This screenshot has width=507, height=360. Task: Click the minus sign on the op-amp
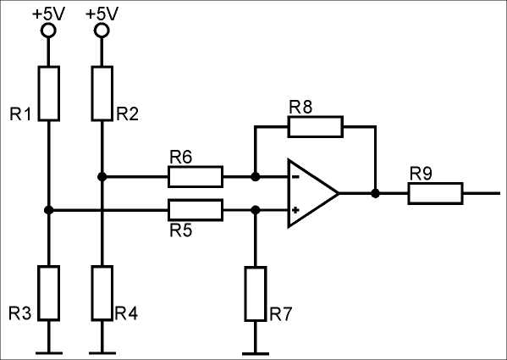pos(295,177)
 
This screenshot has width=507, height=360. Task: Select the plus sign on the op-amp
pos(295,210)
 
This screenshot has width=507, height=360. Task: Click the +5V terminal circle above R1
pos(48,30)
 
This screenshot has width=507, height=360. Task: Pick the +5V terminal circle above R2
pos(102,30)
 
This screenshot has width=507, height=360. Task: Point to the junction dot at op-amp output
pos(376,193)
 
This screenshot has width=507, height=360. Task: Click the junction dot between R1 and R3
pos(49,210)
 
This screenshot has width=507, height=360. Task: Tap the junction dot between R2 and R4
pos(102,176)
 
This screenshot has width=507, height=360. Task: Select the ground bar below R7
pos(256,354)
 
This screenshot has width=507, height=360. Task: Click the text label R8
pos(300,107)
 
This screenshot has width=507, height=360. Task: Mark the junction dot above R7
pos(256,210)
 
